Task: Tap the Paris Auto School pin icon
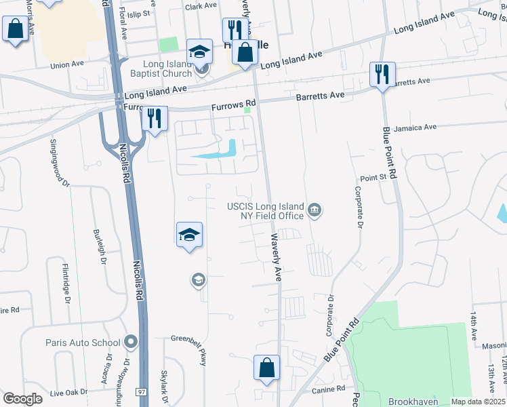(x=131, y=343)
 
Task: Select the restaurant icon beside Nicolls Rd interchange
(x=155, y=119)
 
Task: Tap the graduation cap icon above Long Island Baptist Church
(x=199, y=50)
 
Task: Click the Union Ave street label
(x=67, y=64)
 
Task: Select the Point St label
(x=373, y=178)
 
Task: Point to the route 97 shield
(x=142, y=392)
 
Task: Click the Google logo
(x=22, y=399)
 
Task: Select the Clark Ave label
(x=201, y=6)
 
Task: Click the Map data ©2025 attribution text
(x=479, y=402)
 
